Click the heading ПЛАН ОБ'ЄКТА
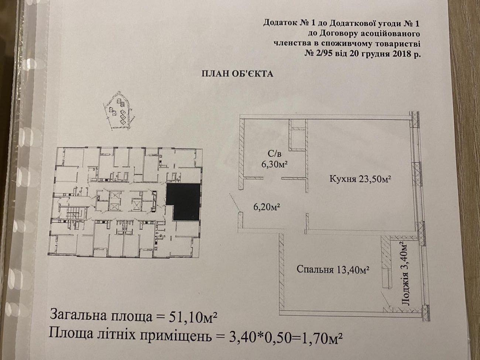(237, 74)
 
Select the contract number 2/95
(321, 54)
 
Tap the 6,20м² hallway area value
(267, 206)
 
